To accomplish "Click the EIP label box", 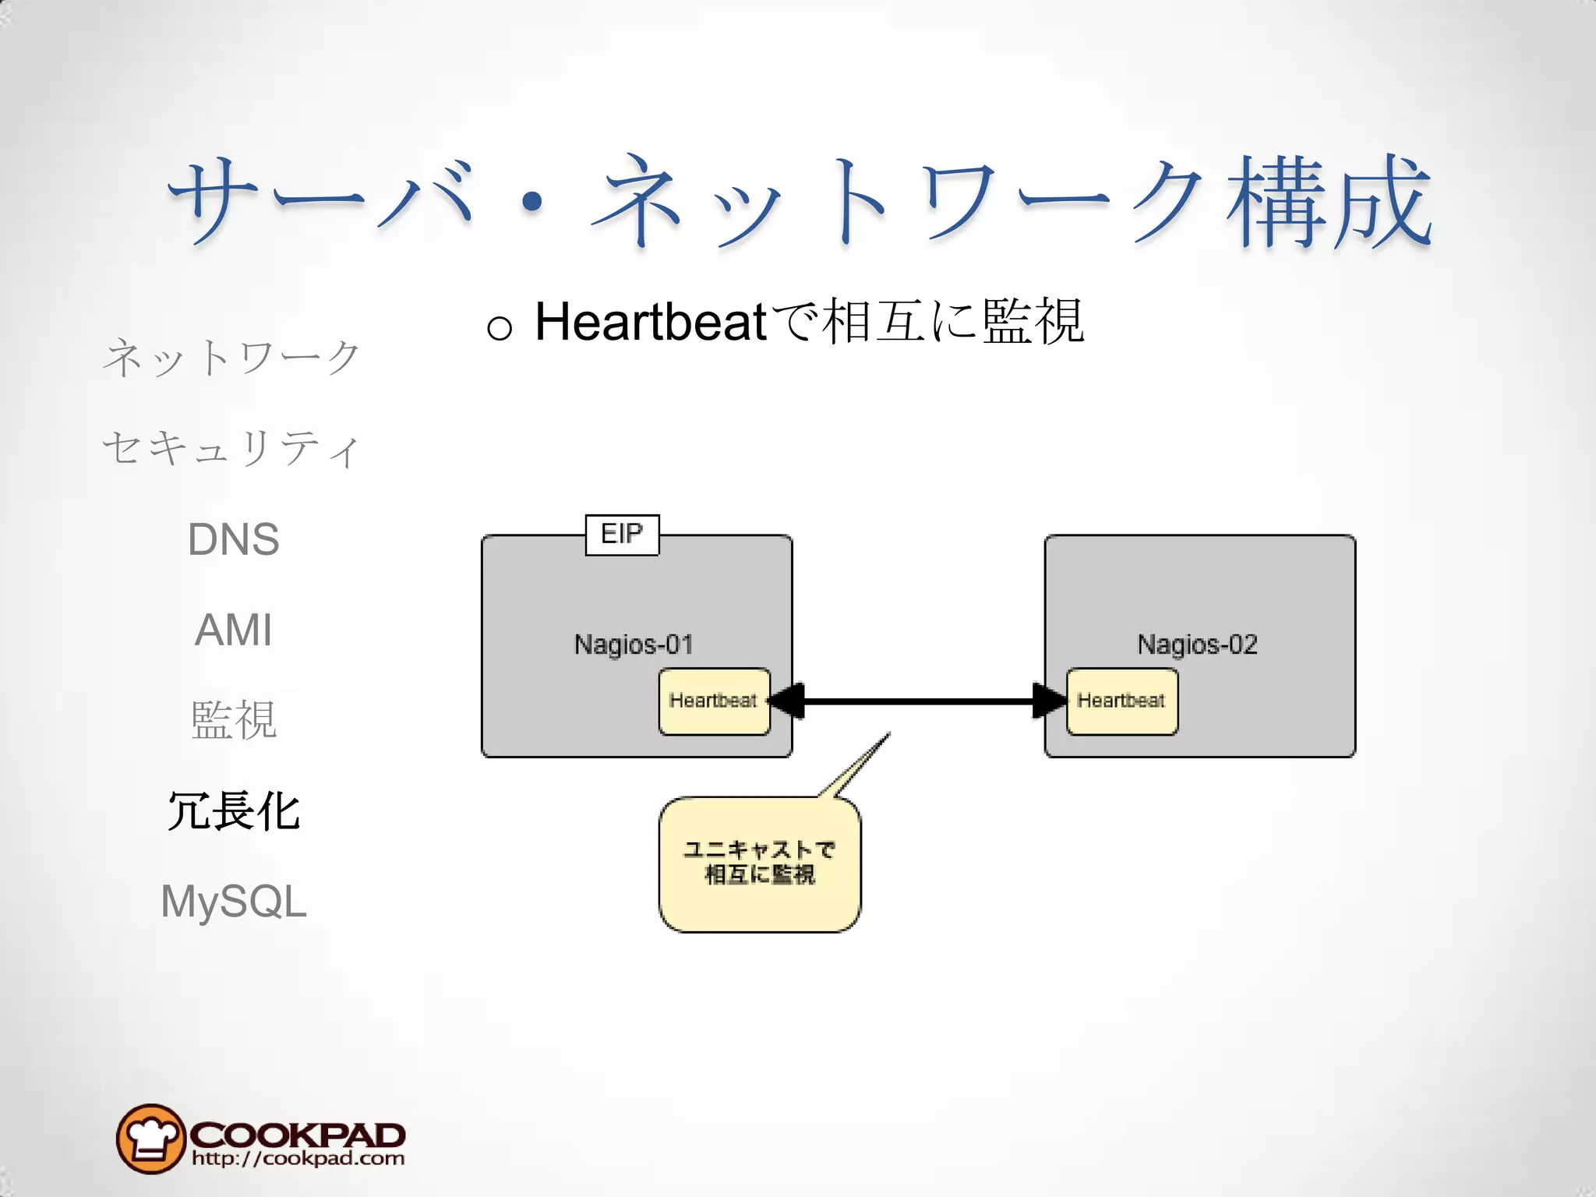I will tap(622, 535).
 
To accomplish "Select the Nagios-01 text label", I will tap(634, 644).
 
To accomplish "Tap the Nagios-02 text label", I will tap(1197, 644).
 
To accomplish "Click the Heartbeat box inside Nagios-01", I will tap(714, 701).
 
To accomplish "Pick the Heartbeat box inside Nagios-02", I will tap(1121, 701).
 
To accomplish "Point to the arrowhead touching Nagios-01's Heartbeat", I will tap(787, 701).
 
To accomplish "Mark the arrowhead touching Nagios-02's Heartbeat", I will tap(1049, 701).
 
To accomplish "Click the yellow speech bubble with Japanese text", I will tap(760, 863).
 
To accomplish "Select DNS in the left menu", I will tap(233, 539).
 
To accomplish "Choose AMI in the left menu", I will tap(233, 630).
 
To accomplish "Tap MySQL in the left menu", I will tap(233, 902).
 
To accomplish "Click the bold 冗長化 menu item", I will tap(233, 811).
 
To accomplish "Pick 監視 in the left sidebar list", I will tap(233, 720).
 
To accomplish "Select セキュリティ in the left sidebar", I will tap(231, 449).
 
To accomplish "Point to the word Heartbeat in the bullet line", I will tap(651, 322).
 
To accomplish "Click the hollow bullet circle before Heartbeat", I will tap(500, 328).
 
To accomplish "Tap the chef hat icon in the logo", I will tap(150, 1139).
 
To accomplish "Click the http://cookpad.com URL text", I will tap(298, 1159).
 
